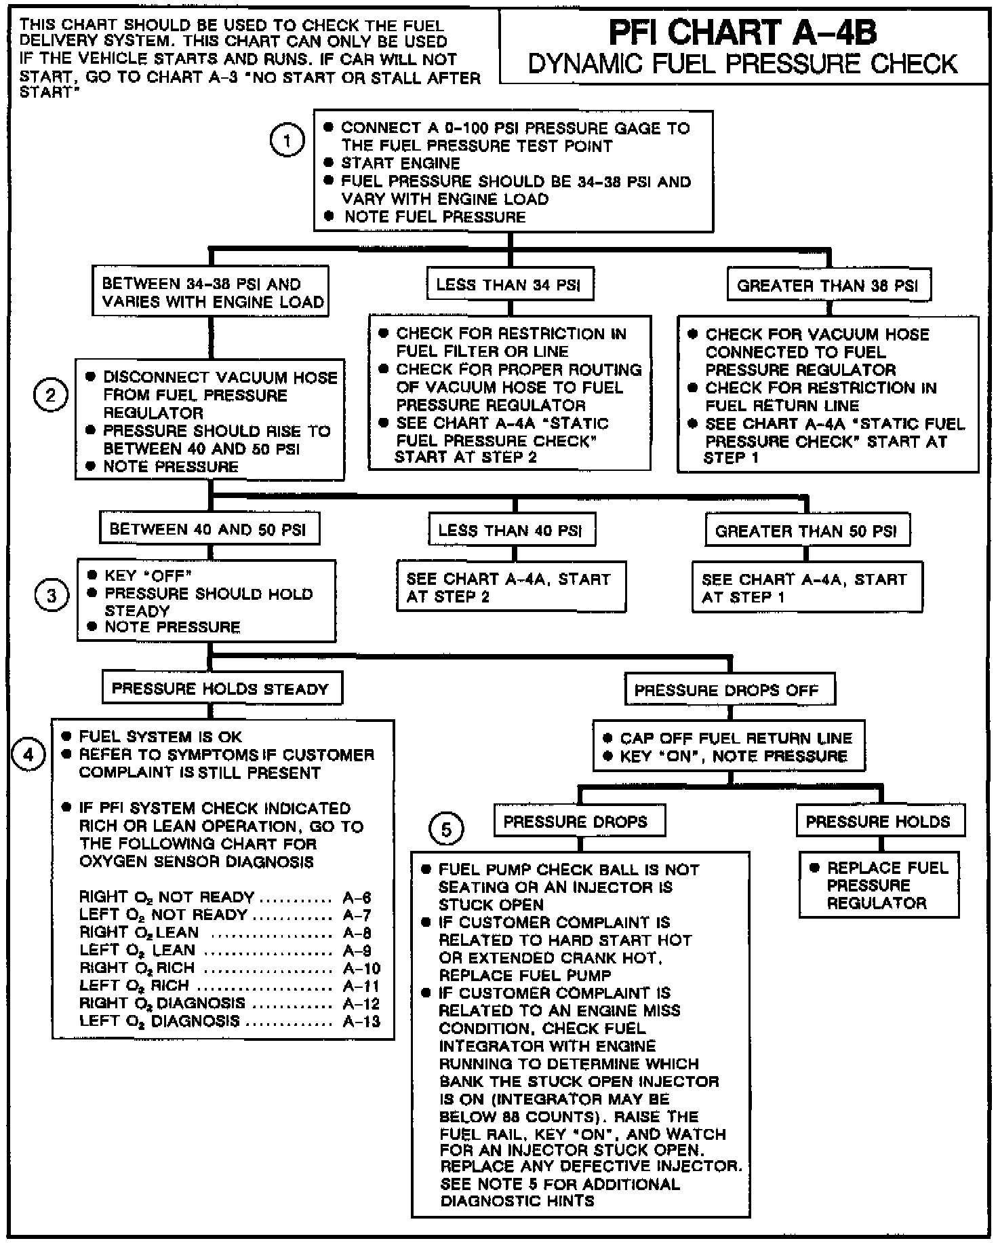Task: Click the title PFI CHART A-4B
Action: [742, 32]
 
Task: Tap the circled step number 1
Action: [287, 142]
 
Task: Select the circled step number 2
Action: [51, 396]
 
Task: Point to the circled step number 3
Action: [51, 596]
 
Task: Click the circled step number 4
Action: [28, 754]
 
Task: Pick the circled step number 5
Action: [446, 829]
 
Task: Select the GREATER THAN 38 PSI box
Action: [827, 286]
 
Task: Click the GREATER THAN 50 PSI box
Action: [806, 531]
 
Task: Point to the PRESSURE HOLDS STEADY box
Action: [220, 689]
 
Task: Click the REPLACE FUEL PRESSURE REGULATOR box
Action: [879, 885]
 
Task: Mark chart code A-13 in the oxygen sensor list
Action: [361, 1021]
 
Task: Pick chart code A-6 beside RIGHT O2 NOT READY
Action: [357, 897]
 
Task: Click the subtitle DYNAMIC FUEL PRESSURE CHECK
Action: [742, 64]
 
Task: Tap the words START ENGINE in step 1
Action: [400, 164]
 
